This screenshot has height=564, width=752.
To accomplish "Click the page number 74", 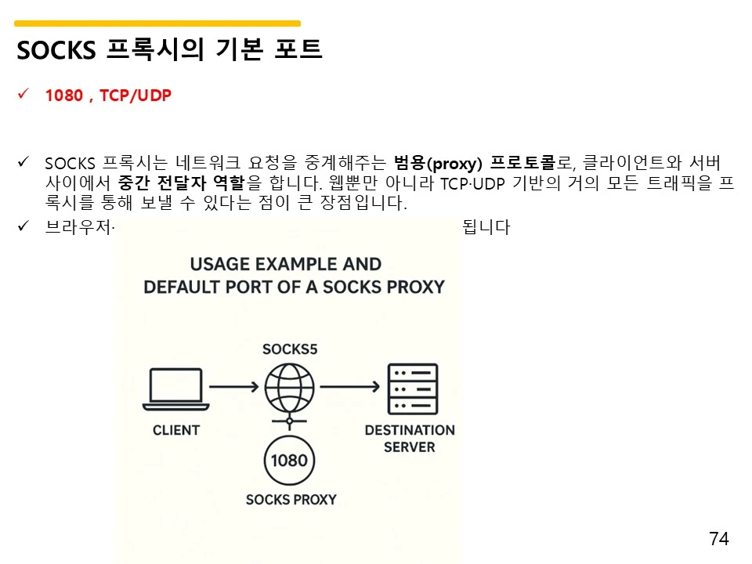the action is pos(718,538).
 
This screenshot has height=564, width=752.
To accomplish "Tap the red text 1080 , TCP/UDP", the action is pos(108,96).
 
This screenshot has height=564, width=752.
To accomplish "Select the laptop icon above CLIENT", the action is pos(175,389).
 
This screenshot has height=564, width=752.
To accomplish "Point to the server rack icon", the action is pos(413,389).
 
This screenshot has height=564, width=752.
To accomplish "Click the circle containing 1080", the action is pos(290,460).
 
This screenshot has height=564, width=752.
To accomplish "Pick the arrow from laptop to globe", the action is pos(234,386).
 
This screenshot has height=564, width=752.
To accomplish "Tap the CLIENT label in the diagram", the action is pos(176,430).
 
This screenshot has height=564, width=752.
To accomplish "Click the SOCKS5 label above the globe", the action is pos(290,349).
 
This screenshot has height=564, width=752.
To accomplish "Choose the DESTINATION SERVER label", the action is pos(410,438).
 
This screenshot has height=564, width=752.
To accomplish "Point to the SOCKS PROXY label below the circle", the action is pos(291,500).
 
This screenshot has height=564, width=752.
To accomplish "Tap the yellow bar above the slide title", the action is pos(157,23).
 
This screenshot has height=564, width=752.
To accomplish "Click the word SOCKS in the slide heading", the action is pos(55,50).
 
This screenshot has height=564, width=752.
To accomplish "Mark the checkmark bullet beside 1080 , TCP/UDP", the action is pos(23,95).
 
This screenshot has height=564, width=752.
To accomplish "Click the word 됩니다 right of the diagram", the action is pos(487,228).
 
